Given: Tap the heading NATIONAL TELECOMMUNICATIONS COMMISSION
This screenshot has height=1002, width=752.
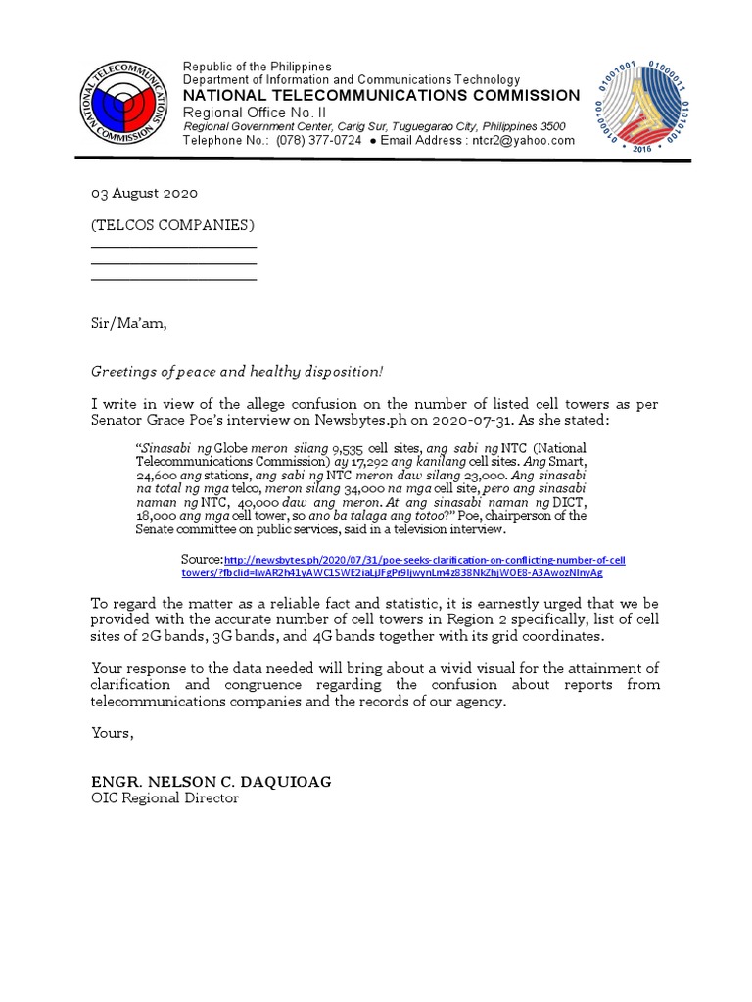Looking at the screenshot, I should [381, 95].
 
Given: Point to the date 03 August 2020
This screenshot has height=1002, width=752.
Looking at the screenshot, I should [145, 194].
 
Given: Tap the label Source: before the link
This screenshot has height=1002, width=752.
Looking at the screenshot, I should [202, 559].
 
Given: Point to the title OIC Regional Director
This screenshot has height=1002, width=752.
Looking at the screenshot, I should [164, 798].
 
